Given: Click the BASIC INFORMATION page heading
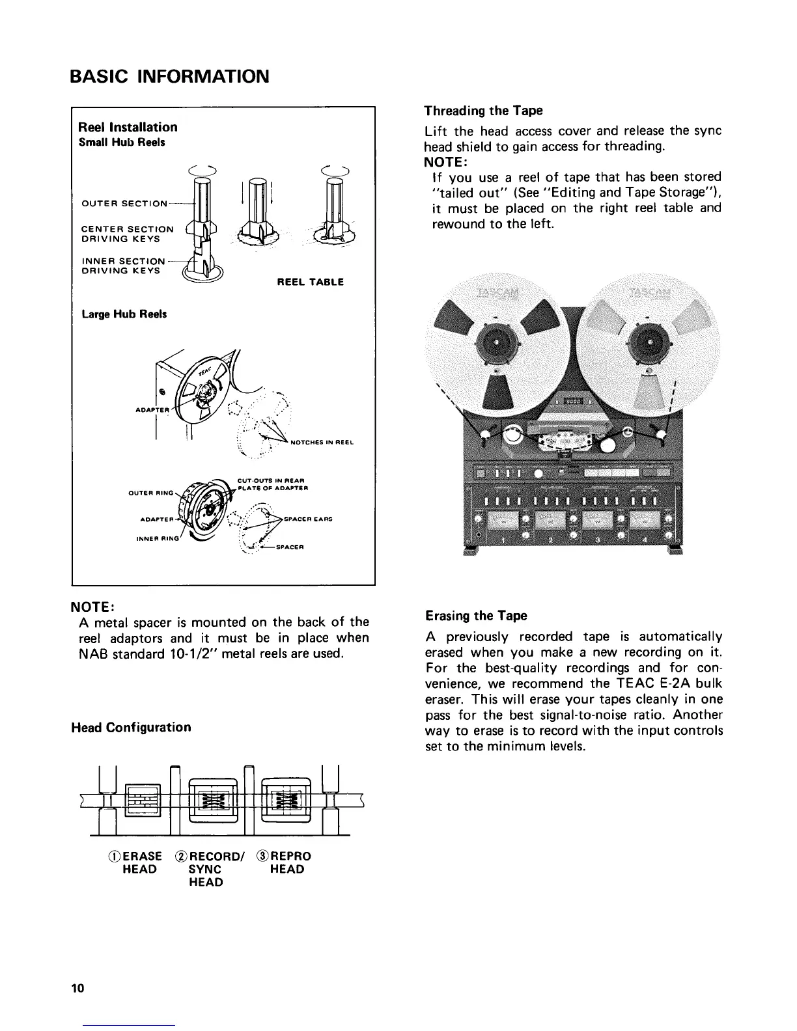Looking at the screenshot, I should [169, 77].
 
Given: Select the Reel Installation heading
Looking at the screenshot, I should [128, 127].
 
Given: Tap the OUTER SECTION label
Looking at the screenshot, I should [124, 204].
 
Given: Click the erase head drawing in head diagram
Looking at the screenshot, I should [142, 800].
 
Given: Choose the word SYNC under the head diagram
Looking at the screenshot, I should [205, 869].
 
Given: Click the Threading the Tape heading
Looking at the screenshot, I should [483, 110].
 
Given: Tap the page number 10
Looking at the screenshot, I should [77, 989].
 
